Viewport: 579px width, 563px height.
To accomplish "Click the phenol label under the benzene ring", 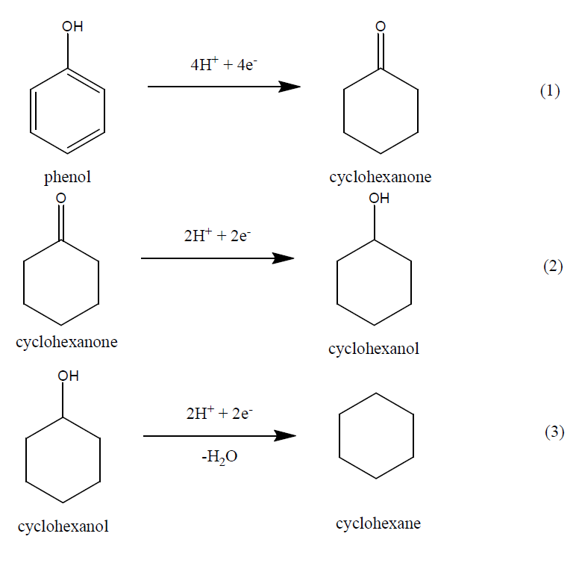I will click(x=67, y=178).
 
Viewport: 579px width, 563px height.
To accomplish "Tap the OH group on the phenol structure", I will click(x=72, y=27).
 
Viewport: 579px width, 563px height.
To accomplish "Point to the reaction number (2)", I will click(x=552, y=267).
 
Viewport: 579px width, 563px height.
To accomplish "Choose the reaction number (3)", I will click(x=554, y=434).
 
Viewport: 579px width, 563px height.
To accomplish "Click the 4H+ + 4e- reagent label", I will click(x=225, y=64).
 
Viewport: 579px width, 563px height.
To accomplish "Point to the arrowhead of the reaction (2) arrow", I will click(x=284, y=258).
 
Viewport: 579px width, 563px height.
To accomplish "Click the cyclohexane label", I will click(x=378, y=523).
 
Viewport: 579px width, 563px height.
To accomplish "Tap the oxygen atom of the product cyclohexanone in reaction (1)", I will click(x=381, y=27).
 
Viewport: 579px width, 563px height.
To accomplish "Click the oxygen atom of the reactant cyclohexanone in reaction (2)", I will click(x=61, y=198).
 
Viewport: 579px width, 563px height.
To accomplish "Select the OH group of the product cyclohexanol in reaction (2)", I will click(x=379, y=199).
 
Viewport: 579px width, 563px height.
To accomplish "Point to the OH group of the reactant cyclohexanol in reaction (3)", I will click(x=68, y=376).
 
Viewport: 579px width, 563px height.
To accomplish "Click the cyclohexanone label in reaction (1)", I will click(x=380, y=178).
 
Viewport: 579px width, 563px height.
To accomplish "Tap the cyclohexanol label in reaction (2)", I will click(x=374, y=349).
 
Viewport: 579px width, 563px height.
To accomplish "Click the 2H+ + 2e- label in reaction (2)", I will click(x=217, y=237).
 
